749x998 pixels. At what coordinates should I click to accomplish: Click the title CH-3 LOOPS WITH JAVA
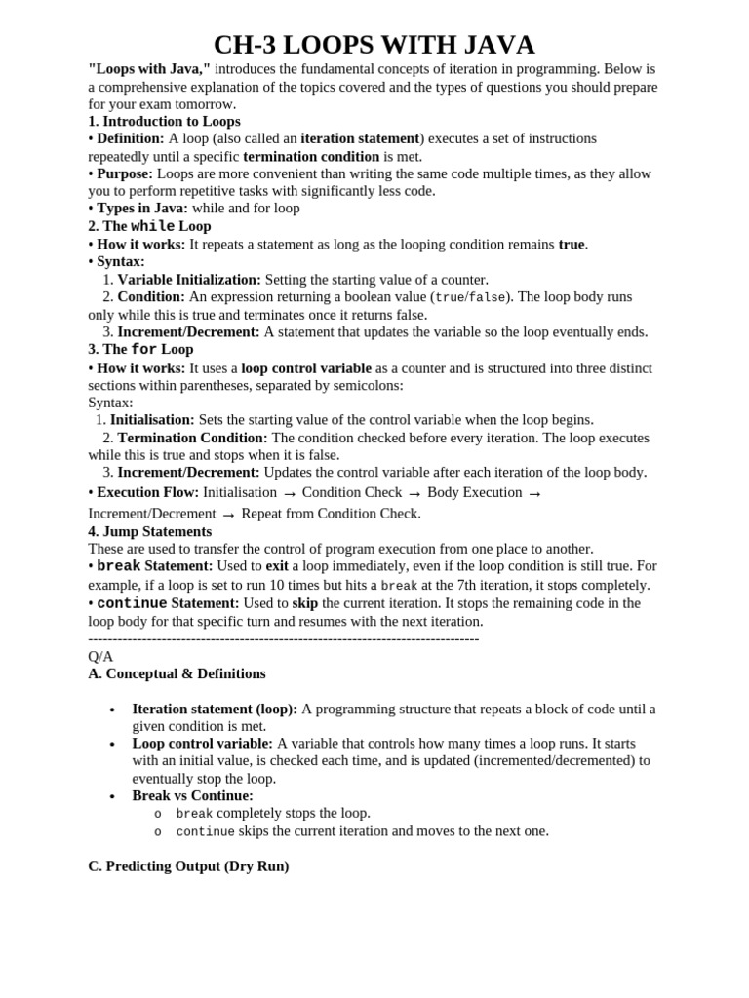click(x=374, y=45)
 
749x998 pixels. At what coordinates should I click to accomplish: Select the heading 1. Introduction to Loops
click(x=164, y=122)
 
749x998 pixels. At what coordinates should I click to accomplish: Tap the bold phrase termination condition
click(x=311, y=156)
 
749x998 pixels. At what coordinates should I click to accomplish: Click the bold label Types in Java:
click(x=142, y=208)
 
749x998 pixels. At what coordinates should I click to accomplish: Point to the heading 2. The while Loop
click(x=149, y=226)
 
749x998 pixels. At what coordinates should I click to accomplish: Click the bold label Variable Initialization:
click(x=189, y=279)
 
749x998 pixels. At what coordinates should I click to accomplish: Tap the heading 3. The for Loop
click(x=140, y=349)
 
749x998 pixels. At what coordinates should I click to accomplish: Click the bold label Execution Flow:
click(x=148, y=492)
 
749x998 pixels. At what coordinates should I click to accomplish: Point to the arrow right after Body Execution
click(x=534, y=493)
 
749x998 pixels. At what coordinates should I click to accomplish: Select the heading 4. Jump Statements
click(x=149, y=531)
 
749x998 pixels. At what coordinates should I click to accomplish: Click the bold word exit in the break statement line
click(x=277, y=565)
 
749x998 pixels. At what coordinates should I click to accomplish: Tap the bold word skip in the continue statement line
click(x=305, y=602)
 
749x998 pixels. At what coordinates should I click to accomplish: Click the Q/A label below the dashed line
click(x=100, y=656)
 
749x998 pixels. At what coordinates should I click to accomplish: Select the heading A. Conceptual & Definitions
click(x=177, y=673)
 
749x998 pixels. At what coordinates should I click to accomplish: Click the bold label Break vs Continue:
click(x=192, y=795)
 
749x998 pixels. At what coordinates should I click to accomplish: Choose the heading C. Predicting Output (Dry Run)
click(x=188, y=865)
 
